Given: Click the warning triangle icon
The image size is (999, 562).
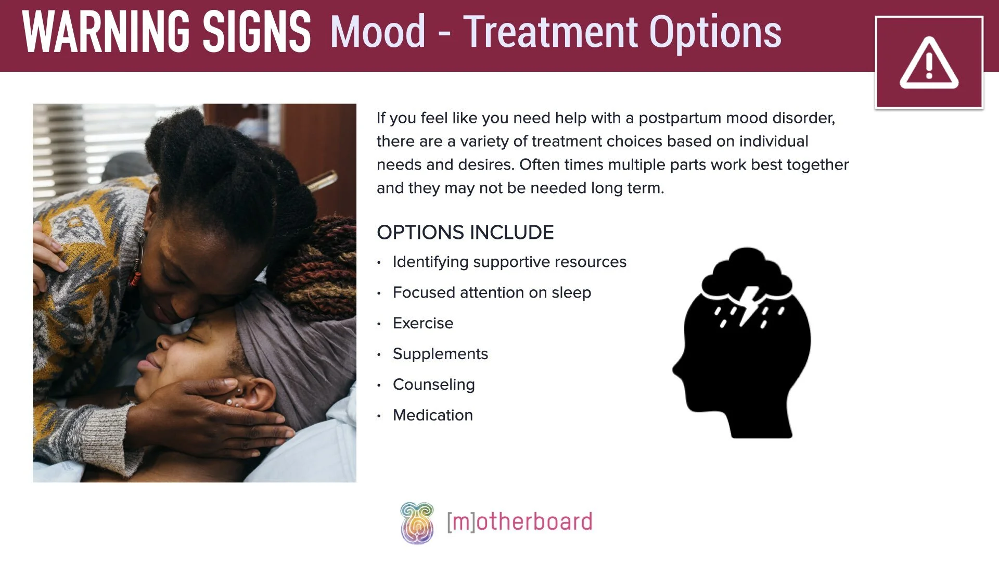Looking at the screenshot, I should pyautogui.click(x=929, y=63).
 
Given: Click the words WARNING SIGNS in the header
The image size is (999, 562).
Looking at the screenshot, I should pyautogui.click(x=166, y=32).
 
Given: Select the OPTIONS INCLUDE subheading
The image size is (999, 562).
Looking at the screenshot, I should pyautogui.click(x=465, y=232).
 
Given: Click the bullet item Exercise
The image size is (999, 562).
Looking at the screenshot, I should pyautogui.click(x=422, y=323).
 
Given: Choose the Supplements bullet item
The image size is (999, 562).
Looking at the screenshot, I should pyautogui.click(x=440, y=354).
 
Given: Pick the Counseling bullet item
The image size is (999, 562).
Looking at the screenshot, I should pyautogui.click(x=433, y=385).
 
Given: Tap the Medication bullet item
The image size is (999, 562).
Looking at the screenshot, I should pyautogui.click(x=432, y=415).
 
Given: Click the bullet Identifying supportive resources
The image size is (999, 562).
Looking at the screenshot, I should pyautogui.click(x=509, y=262).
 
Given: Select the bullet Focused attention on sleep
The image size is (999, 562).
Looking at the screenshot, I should pyautogui.click(x=492, y=292).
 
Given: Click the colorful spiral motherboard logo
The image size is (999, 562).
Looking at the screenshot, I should pyautogui.click(x=417, y=522).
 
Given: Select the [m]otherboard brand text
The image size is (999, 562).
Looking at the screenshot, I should pyautogui.click(x=519, y=522).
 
